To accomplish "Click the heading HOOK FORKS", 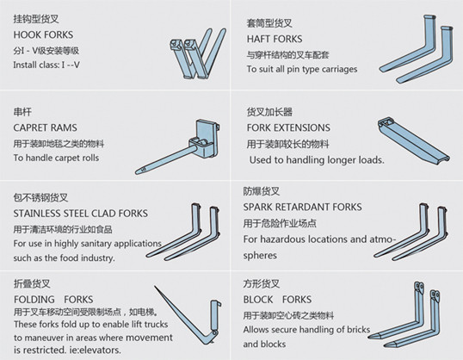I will (x=43, y=34).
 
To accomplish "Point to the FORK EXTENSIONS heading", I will (x=287, y=127).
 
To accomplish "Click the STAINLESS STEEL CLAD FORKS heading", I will (x=80, y=213).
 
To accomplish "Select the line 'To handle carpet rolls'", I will (x=56, y=158).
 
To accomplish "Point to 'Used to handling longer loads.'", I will (x=317, y=160).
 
